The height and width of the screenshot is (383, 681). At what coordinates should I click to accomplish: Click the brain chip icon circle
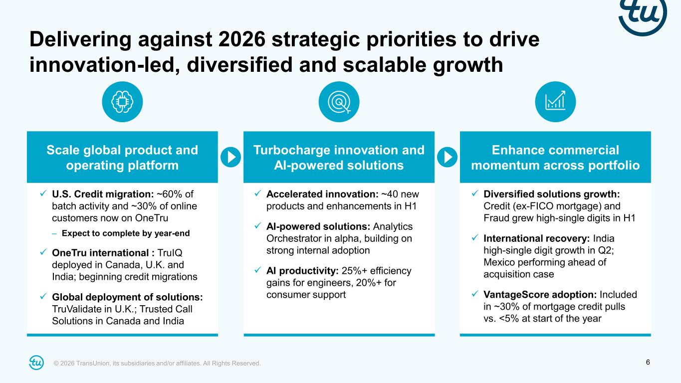coord(122,102)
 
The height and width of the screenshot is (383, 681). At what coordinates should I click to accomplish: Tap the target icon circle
coord(339,102)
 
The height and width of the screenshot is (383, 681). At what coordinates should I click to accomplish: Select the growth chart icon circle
coord(555,102)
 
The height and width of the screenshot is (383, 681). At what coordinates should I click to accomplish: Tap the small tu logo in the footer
coord(36,363)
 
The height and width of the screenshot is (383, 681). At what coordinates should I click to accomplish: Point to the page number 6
coord(648,362)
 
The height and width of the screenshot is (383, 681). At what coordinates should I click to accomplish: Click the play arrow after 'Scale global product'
coord(231,157)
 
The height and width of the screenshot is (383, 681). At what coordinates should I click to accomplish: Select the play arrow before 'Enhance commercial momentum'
coord(447,157)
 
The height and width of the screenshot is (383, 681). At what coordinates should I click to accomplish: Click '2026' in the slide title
coord(242,39)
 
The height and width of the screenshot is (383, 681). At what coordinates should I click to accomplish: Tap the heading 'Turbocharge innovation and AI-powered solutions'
coord(339,158)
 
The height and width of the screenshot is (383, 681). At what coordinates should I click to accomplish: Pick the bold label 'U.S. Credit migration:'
coord(103,194)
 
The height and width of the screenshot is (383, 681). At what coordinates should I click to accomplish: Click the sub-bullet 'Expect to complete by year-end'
coord(126,233)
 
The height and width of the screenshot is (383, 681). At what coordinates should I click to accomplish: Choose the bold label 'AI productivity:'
coord(302,270)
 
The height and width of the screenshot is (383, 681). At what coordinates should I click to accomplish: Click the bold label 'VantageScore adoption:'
coord(540,295)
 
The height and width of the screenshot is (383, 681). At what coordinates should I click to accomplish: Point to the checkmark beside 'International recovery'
coord(475,238)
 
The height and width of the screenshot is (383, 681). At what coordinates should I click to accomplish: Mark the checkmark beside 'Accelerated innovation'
coord(258,193)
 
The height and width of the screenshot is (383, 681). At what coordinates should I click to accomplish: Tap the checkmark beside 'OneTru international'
coord(43,252)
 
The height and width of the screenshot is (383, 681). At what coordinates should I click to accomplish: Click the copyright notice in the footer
coord(157,363)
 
